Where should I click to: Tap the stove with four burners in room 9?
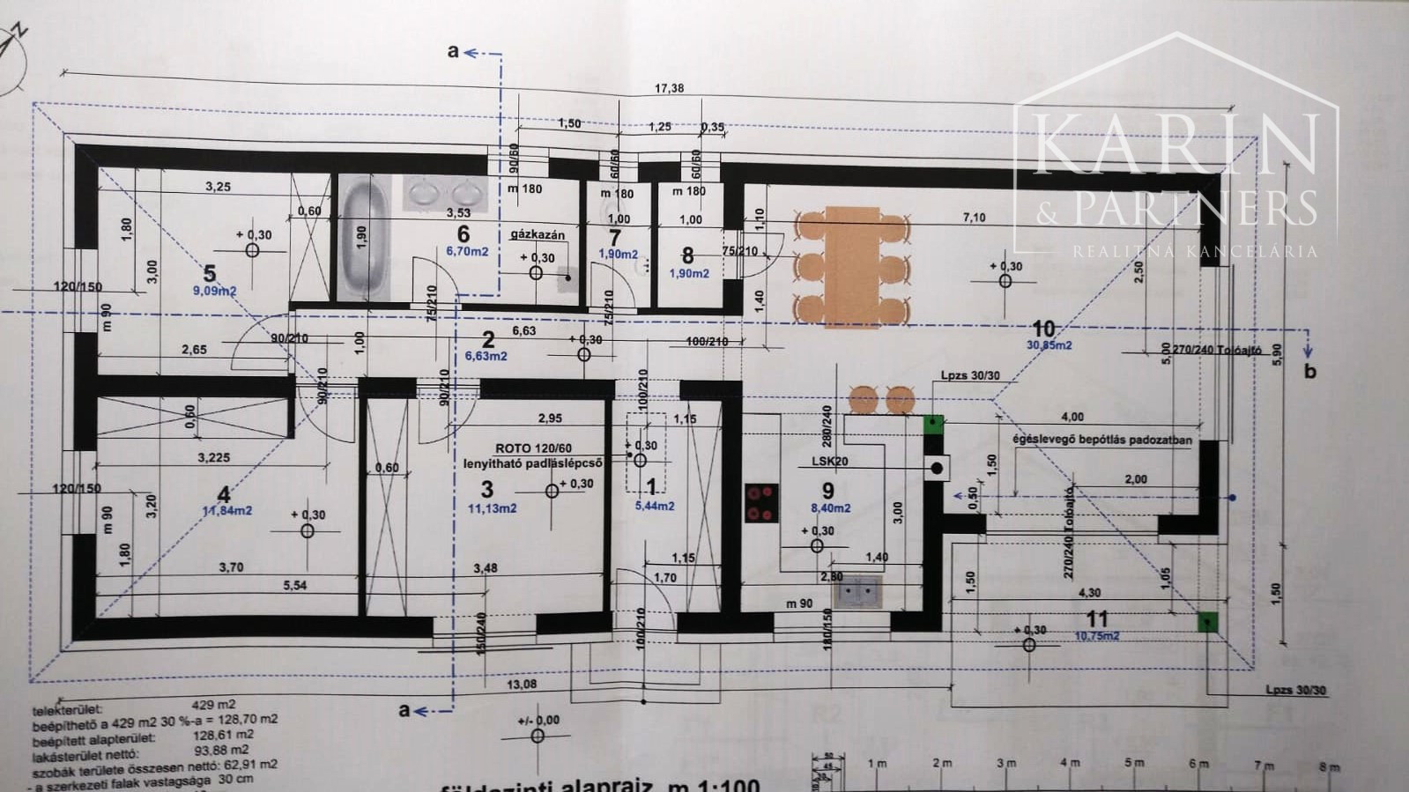pos(761,503)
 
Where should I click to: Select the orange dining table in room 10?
pos(852,265)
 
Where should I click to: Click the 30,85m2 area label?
pos(1049,345)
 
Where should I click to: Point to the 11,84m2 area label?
pos(227,510)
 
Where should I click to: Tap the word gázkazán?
pos(537,235)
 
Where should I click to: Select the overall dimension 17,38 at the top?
pos(669,88)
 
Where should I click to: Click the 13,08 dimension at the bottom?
pos(521,685)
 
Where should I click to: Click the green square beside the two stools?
pos(933,424)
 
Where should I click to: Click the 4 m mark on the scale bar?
pos(1070,763)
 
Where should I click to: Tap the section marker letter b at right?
pos(1309,371)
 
